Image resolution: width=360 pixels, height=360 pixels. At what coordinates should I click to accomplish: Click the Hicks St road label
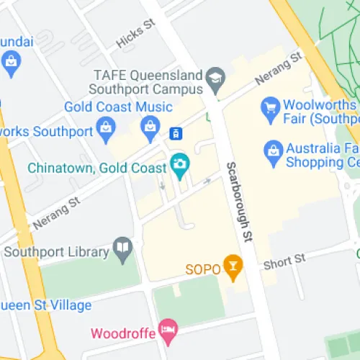pos(135,34)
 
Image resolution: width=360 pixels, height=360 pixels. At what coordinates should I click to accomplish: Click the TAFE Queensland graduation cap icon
pos(215,76)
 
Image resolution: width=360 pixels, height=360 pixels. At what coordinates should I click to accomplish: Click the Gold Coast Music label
pos(118,107)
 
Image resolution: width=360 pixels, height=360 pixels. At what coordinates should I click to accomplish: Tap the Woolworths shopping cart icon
pos(271,107)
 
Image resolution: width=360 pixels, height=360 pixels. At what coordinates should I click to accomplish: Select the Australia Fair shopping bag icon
pos(273,150)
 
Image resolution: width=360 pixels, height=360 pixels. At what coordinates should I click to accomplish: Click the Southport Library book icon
pos(124,250)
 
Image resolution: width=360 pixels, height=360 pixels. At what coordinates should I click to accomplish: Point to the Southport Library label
pos(58,252)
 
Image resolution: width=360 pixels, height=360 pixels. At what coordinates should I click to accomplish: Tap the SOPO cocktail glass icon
pos(232,267)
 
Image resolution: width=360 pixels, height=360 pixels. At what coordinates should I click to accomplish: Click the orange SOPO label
pos(202,270)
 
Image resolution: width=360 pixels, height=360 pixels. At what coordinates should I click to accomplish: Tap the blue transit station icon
pos(175,133)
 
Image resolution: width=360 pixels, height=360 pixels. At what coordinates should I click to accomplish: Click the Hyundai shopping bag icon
pos(10,63)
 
